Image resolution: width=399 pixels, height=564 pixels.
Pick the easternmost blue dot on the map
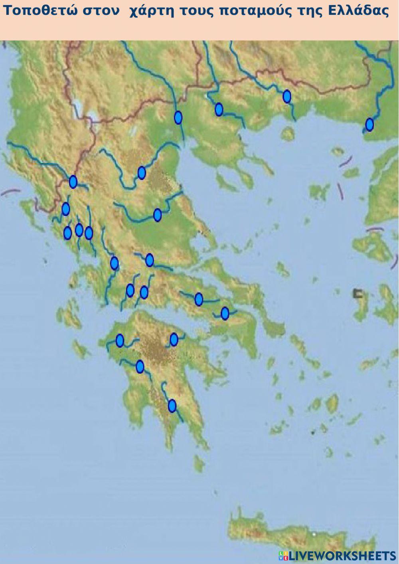369,125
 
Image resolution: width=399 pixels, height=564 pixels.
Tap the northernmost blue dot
286,97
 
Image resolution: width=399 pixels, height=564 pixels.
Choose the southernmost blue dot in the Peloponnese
172,406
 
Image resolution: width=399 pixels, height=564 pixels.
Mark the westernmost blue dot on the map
65,209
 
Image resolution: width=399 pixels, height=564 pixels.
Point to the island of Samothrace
338,152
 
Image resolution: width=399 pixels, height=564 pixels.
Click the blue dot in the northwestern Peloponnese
120,340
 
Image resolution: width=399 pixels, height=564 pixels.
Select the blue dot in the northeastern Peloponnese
174,339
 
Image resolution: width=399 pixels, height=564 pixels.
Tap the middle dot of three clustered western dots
79,230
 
